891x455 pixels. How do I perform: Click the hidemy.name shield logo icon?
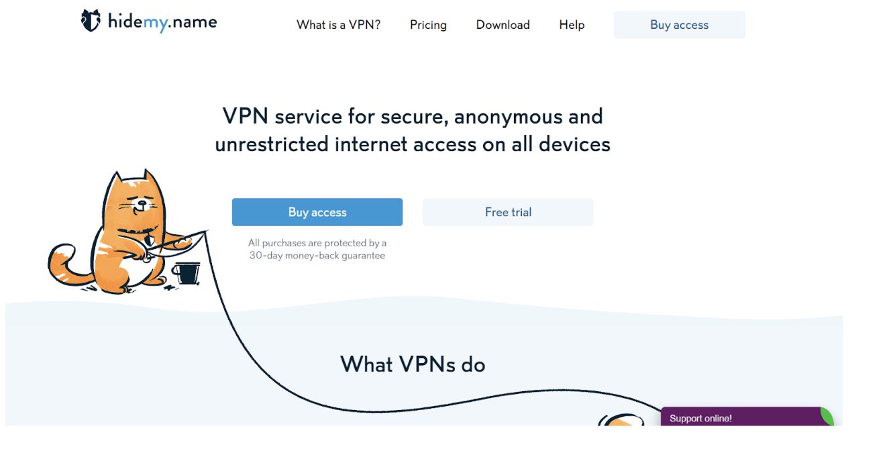pyautogui.click(x=91, y=21)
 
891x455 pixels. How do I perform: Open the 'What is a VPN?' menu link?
pyautogui.click(x=338, y=25)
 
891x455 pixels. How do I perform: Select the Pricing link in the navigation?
pyautogui.click(x=428, y=25)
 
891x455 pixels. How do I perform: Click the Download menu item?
pyautogui.click(x=503, y=25)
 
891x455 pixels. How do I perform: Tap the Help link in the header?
pyautogui.click(x=572, y=25)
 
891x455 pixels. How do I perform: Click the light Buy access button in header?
pyautogui.click(x=679, y=25)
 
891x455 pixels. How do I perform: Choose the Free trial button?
pyautogui.click(x=508, y=212)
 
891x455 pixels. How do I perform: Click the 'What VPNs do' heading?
pyautogui.click(x=413, y=364)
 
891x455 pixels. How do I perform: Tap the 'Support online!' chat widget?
pyautogui.click(x=700, y=418)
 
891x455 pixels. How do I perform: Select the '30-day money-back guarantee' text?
pyautogui.click(x=317, y=256)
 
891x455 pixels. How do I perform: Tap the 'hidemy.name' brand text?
pyautogui.click(x=162, y=21)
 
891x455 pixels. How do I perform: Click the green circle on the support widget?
pyautogui.click(x=828, y=415)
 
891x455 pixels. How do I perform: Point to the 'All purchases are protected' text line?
pyautogui.click(x=317, y=243)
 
